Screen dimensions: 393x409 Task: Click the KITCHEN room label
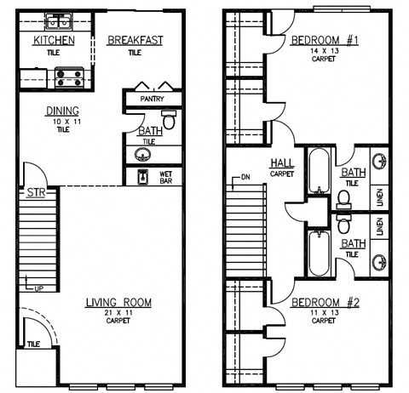point(54,41)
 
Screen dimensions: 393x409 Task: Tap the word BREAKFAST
point(135,40)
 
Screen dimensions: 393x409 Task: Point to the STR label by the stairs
point(36,193)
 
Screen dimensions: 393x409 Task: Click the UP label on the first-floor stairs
point(38,289)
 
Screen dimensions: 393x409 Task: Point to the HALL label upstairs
point(282,162)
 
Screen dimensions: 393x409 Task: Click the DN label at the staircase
point(245,178)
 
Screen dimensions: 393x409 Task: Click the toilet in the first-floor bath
point(168,122)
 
